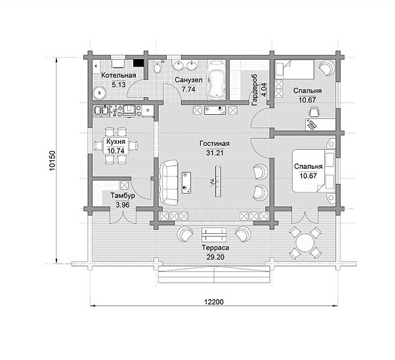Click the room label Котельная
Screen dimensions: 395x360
point(118,75)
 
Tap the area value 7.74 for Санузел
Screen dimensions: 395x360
point(188,89)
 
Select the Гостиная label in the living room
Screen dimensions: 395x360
point(215,143)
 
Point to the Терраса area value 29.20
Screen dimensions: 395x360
point(215,257)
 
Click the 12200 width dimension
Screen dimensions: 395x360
point(214,302)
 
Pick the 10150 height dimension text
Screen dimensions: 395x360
point(52,161)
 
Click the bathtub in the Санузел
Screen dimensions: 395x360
point(216,79)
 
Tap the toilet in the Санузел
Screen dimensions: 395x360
point(157,67)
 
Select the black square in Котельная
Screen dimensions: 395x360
point(138,63)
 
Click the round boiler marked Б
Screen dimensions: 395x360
point(100,93)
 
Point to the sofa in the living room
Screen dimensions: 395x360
point(169,183)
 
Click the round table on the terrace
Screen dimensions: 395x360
point(305,242)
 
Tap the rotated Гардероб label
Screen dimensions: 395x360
point(254,89)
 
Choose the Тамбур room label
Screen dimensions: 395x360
point(123,196)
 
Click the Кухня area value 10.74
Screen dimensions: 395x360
point(115,151)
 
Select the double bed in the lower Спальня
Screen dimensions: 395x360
point(314,171)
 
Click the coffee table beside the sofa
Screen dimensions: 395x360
point(186,183)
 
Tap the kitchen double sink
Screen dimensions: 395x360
point(101,110)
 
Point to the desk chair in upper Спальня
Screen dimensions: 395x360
point(314,112)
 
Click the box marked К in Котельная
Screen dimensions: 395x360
point(96,66)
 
